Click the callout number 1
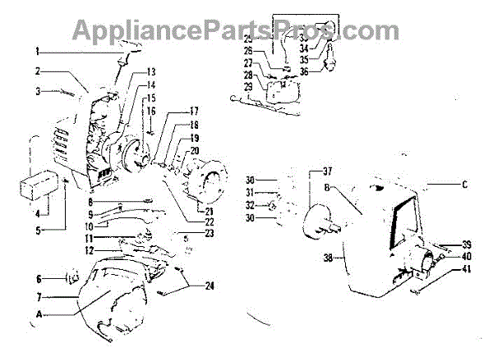tap(37, 51)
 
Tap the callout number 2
tap(37, 72)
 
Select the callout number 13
tap(151, 72)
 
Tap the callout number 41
tap(466, 270)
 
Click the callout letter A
tap(38, 313)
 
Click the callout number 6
tap(38, 278)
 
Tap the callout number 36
tap(304, 71)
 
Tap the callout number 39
tap(466, 244)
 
